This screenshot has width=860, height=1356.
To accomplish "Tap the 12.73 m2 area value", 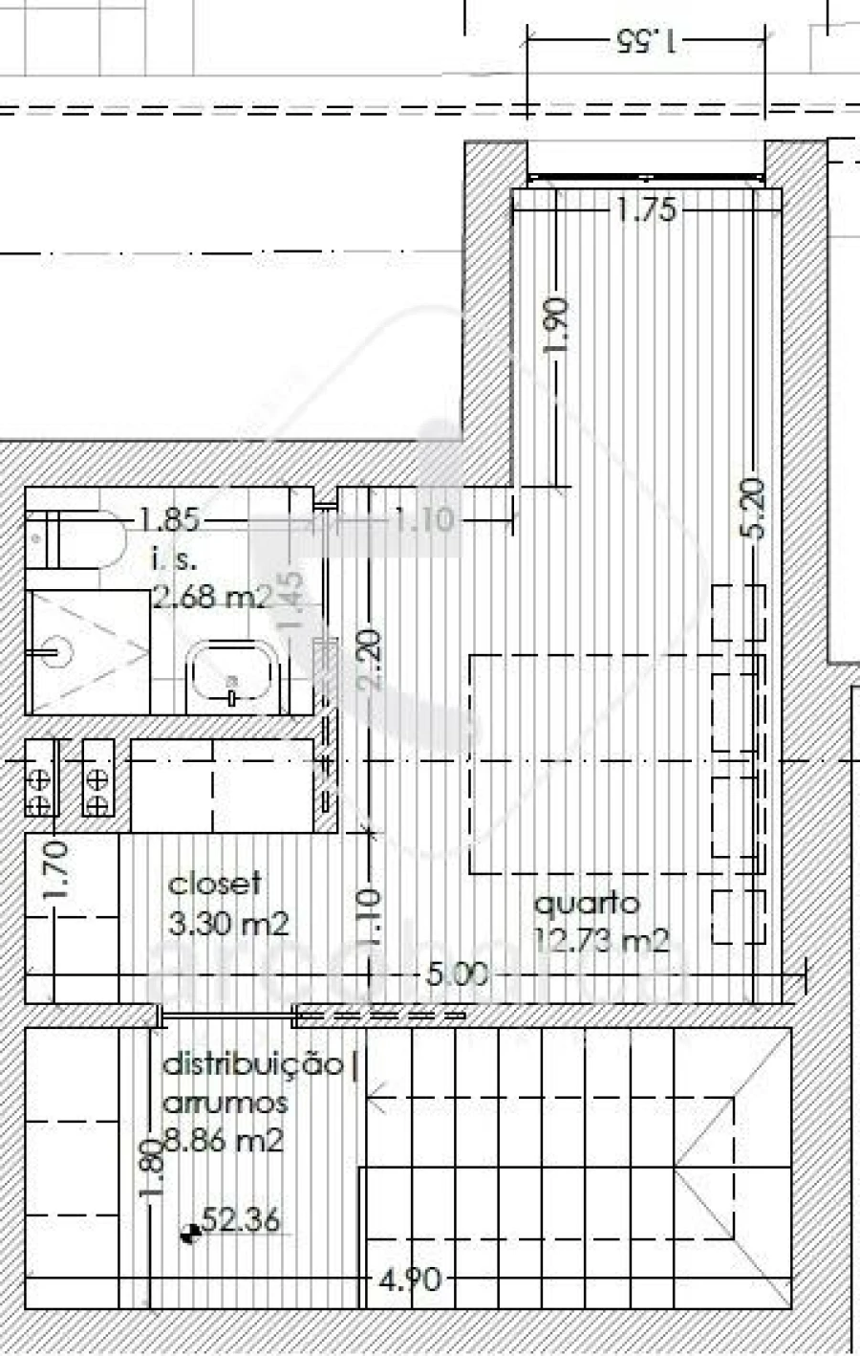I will [x=600, y=941].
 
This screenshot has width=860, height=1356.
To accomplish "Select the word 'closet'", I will [x=214, y=885].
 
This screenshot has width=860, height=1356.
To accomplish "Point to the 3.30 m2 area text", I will [x=227, y=924].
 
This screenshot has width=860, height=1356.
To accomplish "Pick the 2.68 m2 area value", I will [x=212, y=598].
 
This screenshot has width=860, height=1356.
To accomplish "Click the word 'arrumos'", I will [x=225, y=1103].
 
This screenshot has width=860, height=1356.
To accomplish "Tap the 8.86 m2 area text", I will [x=223, y=1140].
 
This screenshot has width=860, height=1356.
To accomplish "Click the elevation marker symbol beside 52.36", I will [x=189, y=1234].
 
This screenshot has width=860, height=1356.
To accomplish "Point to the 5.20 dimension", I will [x=754, y=510].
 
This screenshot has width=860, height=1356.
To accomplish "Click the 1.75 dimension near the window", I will [x=645, y=209].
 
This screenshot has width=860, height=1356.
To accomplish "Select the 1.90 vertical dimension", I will [x=559, y=325].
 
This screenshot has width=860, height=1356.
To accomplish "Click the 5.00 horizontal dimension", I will [x=456, y=975].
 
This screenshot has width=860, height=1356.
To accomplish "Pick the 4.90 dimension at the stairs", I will [x=409, y=1279].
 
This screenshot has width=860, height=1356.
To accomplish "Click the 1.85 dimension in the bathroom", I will [x=168, y=521].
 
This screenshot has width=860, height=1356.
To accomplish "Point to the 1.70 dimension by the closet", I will [x=55, y=868].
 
